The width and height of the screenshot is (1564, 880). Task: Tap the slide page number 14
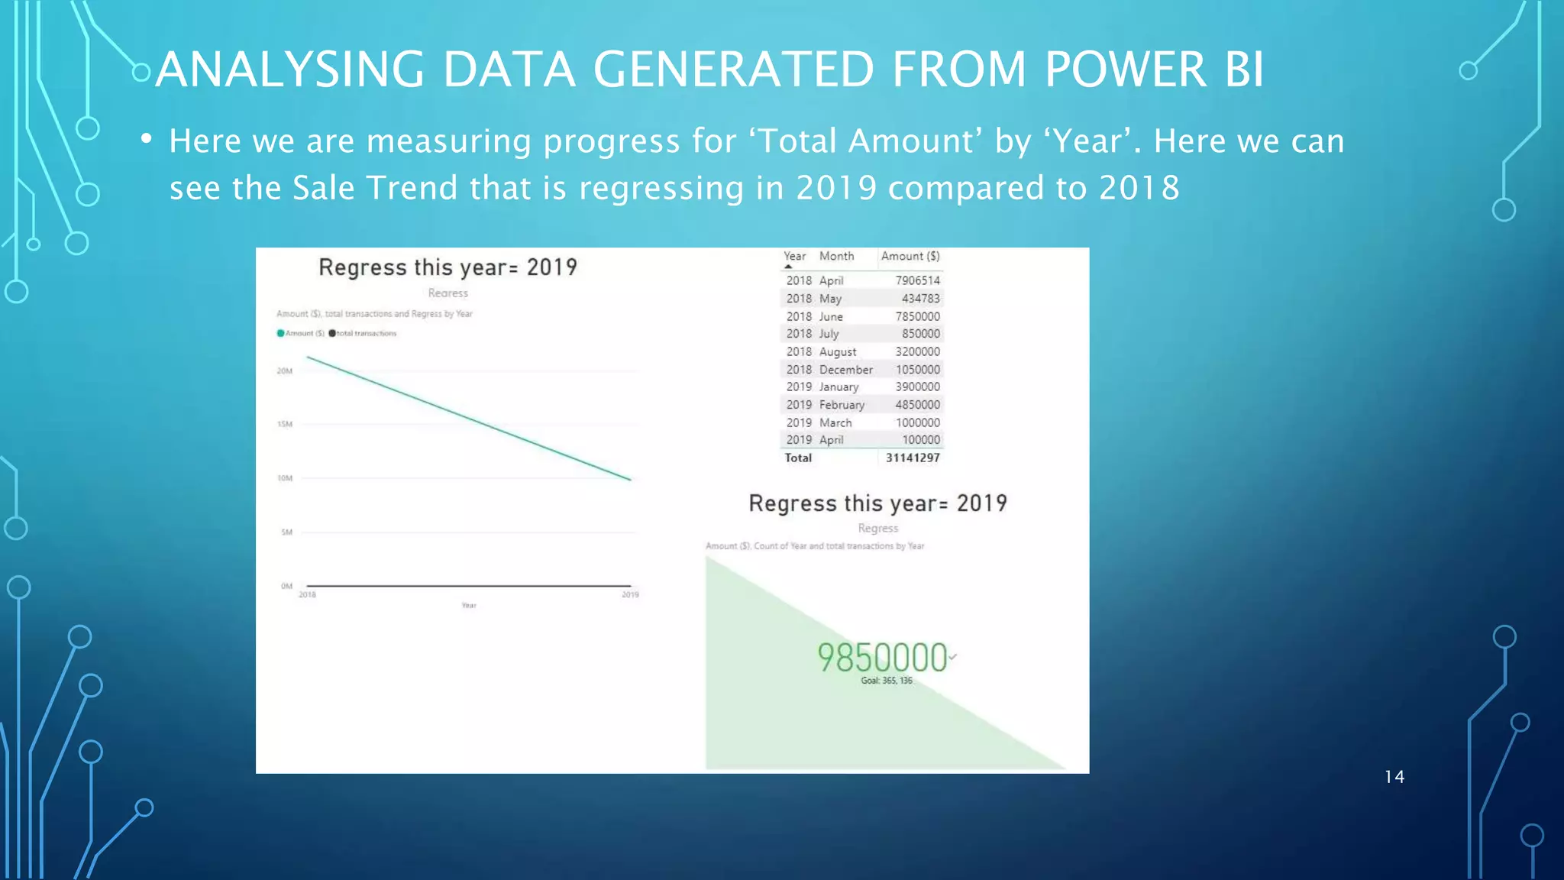pyautogui.click(x=1394, y=777)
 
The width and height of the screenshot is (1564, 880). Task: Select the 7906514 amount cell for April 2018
pyautogui.click(x=917, y=280)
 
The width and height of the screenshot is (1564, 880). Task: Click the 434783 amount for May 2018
pyautogui.click(x=920, y=299)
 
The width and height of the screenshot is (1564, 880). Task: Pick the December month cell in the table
pyautogui.click(x=845, y=370)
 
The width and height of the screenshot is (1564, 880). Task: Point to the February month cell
pyautogui.click(x=842, y=405)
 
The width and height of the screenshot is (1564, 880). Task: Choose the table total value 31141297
pyautogui.click(x=913, y=458)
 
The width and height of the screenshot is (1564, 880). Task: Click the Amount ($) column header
pyautogui.click(x=910, y=257)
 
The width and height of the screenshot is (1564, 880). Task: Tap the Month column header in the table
pyautogui.click(x=836, y=257)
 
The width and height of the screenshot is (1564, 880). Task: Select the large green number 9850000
pyautogui.click(x=882, y=657)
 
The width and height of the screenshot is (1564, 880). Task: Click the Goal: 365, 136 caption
pyautogui.click(x=886, y=681)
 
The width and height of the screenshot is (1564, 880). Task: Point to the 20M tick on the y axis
pyautogui.click(x=284, y=371)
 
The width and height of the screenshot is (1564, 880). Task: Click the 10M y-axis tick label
pyautogui.click(x=284, y=478)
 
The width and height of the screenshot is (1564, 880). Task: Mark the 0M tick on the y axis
pyautogui.click(x=286, y=586)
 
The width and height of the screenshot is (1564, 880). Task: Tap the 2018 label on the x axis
pyautogui.click(x=307, y=595)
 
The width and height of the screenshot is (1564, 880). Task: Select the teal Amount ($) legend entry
pyautogui.click(x=301, y=333)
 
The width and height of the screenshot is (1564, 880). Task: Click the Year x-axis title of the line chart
pyautogui.click(x=468, y=606)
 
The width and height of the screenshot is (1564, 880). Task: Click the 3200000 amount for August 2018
pyautogui.click(x=917, y=352)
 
